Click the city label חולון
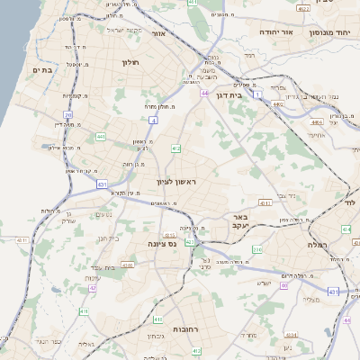[x=130, y=62]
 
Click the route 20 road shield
[x=68, y=114]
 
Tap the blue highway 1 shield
[x=256, y=94]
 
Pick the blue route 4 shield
[x=153, y=119]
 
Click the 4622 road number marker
[x=302, y=9]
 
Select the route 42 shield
[x=92, y=289]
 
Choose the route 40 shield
[x=284, y=285]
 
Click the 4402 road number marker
[x=278, y=105]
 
